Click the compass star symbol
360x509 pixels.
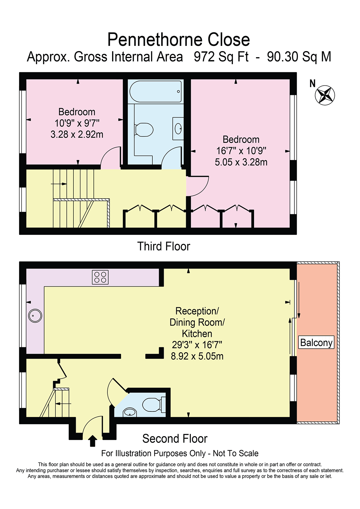pyautogui.click(x=325, y=95)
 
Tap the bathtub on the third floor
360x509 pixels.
pyautogui.click(x=156, y=91)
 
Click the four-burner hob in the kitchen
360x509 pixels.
pyautogui.click(x=100, y=277)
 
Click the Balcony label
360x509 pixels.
pyautogui.click(x=316, y=342)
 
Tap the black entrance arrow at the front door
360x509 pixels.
pyautogui.click(x=93, y=441)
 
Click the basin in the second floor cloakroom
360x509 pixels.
pyautogui.click(x=130, y=412)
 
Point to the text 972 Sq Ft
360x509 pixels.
pyautogui.click(x=221, y=57)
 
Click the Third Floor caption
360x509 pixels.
pyautogui.click(x=164, y=246)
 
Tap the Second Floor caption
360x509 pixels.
pyautogui.click(x=175, y=438)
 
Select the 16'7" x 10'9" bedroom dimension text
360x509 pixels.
pyautogui.click(x=241, y=151)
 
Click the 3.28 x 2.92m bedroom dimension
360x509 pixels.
pyautogui.click(x=77, y=134)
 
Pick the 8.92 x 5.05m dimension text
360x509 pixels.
pyautogui.click(x=197, y=356)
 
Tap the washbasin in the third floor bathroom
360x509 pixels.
pyautogui.click(x=178, y=129)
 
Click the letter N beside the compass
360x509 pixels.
pyautogui.click(x=312, y=84)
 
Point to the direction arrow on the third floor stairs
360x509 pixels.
pyautogui.click(x=59, y=184)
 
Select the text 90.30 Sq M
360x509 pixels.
pyautogui.click(x=299, y=57)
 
